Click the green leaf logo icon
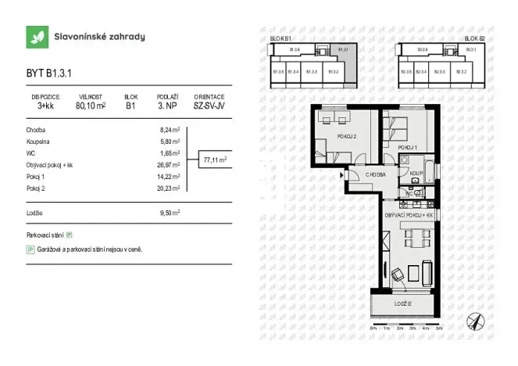coord(36,37)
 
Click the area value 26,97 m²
coord(170,166)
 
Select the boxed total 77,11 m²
coord(215,160)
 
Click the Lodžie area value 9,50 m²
coord(170,212)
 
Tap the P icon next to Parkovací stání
coord(70,235)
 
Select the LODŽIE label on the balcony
coord(402,303)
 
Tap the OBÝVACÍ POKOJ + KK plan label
coord(408,214)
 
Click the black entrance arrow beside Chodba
coord(342,176)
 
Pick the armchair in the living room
coord(399,274)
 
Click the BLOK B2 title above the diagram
coord(473,38)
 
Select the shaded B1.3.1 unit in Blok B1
coord(342,52)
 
